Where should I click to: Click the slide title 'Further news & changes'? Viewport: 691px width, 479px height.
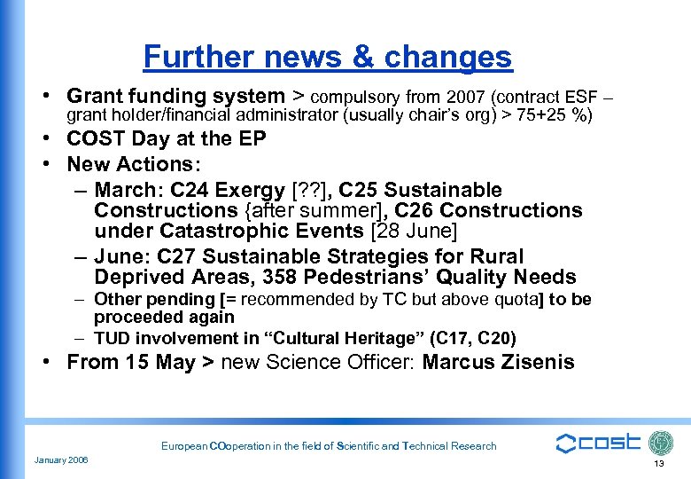(328, 57)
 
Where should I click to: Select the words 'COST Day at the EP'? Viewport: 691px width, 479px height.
(167, 139)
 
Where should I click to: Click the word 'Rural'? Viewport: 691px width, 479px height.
(497, 256)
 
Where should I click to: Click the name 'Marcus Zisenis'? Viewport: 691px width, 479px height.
(499, 362)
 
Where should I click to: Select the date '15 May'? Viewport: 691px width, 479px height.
(151, 362)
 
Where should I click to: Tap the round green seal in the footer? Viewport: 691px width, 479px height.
(661, 444)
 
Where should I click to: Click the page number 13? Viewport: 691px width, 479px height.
(658, 464)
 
